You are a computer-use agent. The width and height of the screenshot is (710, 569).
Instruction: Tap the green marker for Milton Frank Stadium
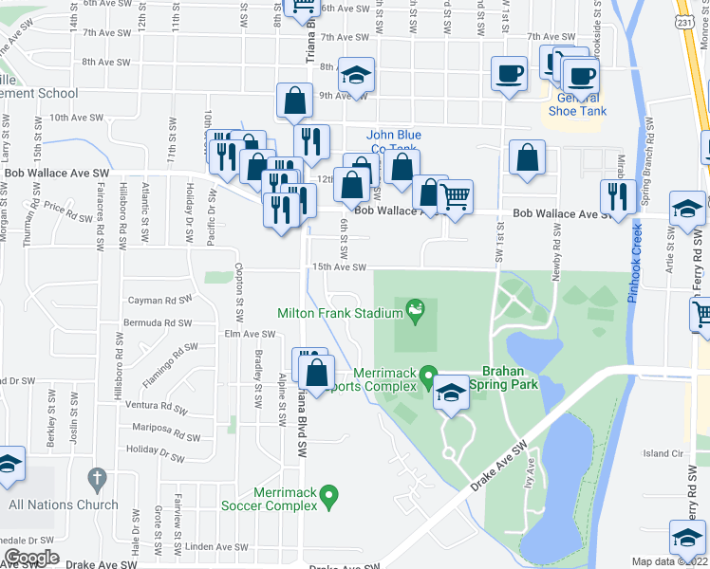(x=415, y=308)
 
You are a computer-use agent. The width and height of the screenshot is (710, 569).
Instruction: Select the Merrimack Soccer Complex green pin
(x=328, y=495)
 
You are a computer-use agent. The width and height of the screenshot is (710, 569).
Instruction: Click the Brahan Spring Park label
(x=510, y=377)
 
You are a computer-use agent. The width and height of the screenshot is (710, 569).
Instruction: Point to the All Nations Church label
(x=64, y=505)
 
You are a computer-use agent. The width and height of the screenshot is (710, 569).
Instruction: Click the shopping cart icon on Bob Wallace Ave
(x=456, y=198)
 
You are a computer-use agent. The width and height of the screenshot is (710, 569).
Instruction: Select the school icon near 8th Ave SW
(x=356, y=75)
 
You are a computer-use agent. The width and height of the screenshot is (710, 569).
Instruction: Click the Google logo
(x=31, y=558)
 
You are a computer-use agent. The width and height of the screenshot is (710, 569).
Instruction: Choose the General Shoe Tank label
(x=577, y=104)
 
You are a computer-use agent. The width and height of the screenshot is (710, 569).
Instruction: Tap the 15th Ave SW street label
(x=339, y=267)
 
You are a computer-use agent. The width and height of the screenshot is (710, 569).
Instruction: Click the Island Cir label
(x=663, y=453)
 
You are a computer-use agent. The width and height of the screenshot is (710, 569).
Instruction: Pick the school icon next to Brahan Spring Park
(x=451, y=393)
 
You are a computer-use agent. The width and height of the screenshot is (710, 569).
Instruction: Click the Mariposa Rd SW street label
(x=166, y=426)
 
